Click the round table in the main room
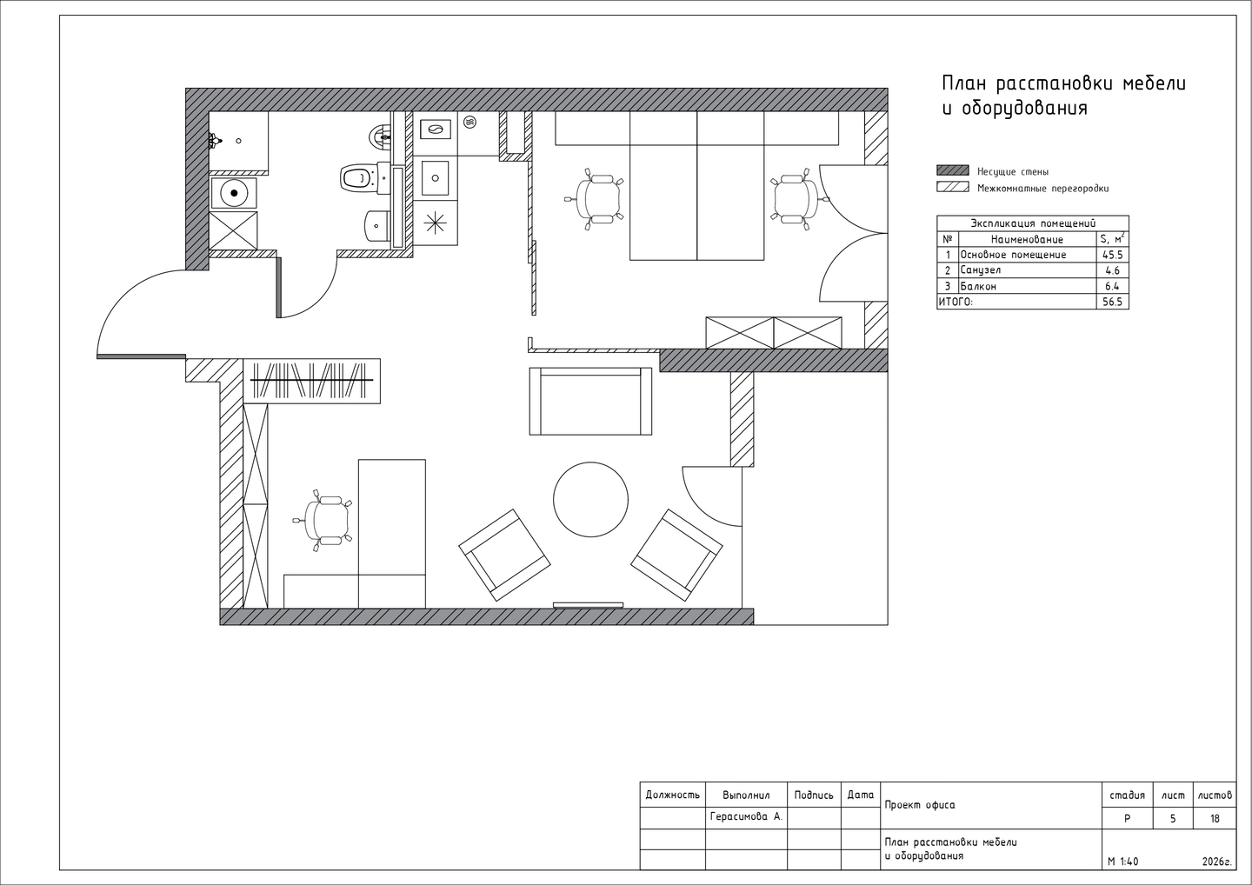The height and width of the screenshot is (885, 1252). pyautogui.click(x=591, y=500)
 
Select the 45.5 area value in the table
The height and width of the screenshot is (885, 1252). pyautogui.click(x=1112, y=255)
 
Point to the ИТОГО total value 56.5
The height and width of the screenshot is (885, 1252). pyautogui.click(x=1112, y=302)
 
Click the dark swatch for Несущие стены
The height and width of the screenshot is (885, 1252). pyautogui.click(x=953, y=170)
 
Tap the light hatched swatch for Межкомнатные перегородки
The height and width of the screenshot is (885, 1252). pyautogui.click(x=953, y=187)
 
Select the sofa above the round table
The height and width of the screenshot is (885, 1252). pyautogui.click(x=591, y=401)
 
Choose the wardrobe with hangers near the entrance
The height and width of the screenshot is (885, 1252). pyautogui.click(x=312, y=381)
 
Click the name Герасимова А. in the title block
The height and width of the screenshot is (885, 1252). pyautogui.click(x=746, y=816)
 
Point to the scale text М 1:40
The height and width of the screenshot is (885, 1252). pyautogui.click(x=1123, y=862)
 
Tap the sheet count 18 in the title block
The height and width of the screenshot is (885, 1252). pyautogui.click(x=1215, y=819)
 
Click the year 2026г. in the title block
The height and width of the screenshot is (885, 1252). pyautogui.click(x=1217, y=862)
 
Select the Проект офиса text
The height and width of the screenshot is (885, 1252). pyautogui.click(x=920, y=805)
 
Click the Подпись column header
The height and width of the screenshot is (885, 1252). pyautogui.click(x=814, y=795)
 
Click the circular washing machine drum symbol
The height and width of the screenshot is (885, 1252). pyautogui.click(x=234, y=193)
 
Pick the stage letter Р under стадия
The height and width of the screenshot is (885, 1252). pyautogui.click(x=1127, y=819)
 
